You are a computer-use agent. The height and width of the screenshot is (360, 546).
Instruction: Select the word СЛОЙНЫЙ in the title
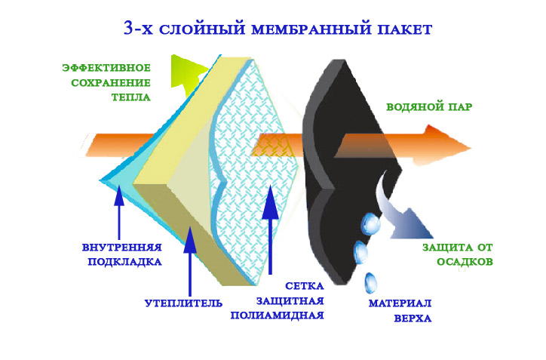click(x=199, y=29)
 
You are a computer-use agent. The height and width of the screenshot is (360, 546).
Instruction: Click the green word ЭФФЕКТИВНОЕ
click(x=106, y=68)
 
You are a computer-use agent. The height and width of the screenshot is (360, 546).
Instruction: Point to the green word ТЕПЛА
click(x=131, y=97)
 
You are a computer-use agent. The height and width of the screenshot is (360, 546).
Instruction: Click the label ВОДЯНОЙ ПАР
click(x=429, y=107)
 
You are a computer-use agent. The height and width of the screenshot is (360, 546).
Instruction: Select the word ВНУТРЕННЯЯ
click(x=121, y=247)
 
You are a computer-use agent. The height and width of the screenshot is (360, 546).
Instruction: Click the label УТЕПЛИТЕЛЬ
click(x=183, y=303)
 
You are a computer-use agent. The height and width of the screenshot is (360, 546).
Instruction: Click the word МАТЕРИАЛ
click(x=400, y=303)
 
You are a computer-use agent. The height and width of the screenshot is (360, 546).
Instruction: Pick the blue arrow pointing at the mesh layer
click(x=268, y=219)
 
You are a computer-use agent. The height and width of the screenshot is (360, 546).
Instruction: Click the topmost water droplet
click(x=371, y=223)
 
